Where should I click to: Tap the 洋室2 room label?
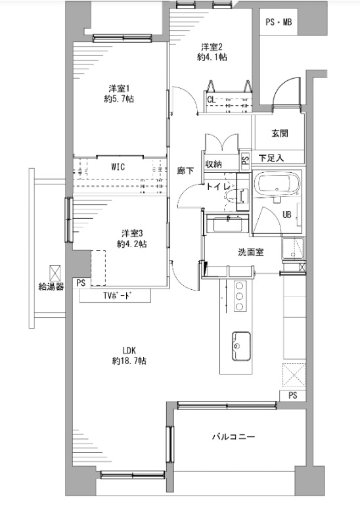(x=212, y=47)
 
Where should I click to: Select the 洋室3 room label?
(x=132, y=233)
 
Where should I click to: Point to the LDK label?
(x=129, y=351)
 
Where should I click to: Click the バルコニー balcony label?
(x=233, y=436)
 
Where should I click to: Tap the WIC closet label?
(x=118, y=167)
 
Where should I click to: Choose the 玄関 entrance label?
(x=280, y=133)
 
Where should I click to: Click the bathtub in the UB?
(x=277, y=184)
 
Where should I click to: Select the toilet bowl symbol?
(x=231, y=197)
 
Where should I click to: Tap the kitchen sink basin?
(x=241, y=346)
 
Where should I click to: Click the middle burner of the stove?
(x=240, y=296)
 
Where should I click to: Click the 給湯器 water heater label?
(x=51, y=287)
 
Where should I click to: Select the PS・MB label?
(x=279, y=22)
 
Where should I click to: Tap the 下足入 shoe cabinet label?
(x=271, y=158)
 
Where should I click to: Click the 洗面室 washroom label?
(x=250, y=252)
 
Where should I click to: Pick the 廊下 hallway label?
(x=185, y=170)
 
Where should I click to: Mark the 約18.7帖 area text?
(x=129, y=361)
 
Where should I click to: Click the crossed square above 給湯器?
(x=55, y=273)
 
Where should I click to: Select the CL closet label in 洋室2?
(x=211, y=99)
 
